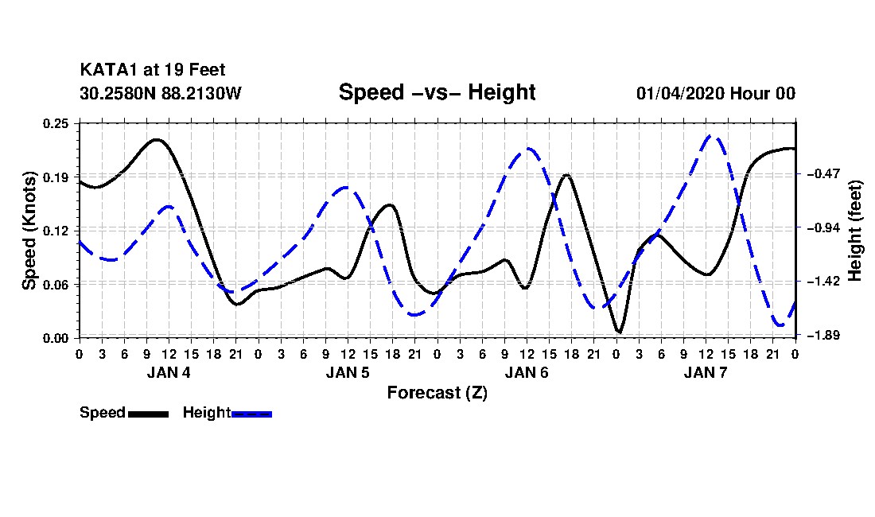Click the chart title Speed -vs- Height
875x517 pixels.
coord(437,92)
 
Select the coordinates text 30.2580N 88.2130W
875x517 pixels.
coord(160,93)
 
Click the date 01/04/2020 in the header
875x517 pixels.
coord(680,93)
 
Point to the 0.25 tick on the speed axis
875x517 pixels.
coord(55,123)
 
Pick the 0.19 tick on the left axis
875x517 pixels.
coord(55,177)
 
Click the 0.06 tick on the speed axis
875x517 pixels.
coord(55,285)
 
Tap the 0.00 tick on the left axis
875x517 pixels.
coord(55,338)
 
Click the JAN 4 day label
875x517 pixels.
coord(169,372)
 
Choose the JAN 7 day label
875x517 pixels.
coord(706,372)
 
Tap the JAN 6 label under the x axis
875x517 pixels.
coord(527,372)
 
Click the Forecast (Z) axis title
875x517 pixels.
coord(437,393)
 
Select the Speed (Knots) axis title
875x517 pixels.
coord(29,231)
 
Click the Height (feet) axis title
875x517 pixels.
coord(854,231)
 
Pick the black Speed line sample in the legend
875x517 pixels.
coord(149,414)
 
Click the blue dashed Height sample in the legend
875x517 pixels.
coord(251,414)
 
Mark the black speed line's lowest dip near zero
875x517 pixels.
coord(619,332)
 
